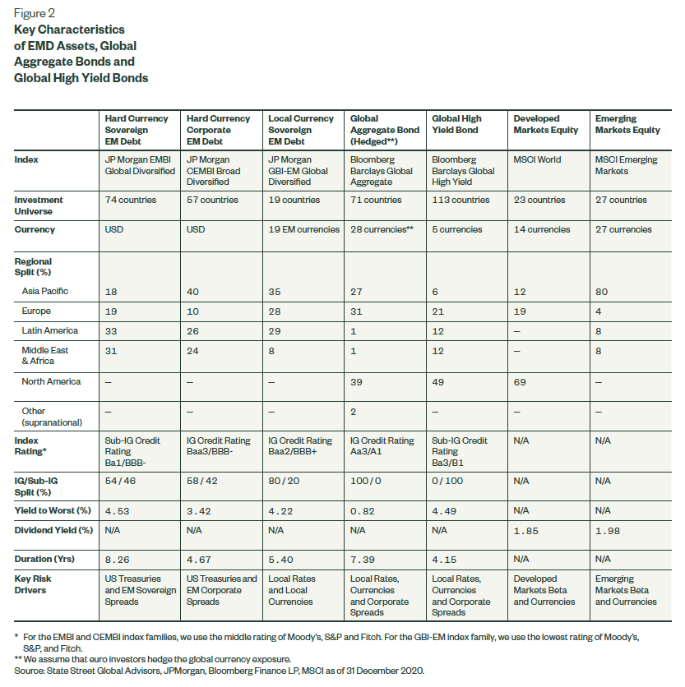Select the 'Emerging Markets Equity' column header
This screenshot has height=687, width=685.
pyautogui.click(x=627, y=124)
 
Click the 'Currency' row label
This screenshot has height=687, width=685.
pyautogui.click(x=35, y=230)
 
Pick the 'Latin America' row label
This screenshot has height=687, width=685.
pyautogui.click(x=51, y=331)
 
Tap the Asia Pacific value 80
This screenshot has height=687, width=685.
pyautogui.click(x=602, y=292)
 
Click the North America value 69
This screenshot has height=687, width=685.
pyautogui.click(x=521, y=382)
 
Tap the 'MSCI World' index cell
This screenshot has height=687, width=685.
pyautogui.click(x=539, y=159)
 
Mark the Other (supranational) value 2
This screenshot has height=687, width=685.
pyautogui.click(x=354, y=411)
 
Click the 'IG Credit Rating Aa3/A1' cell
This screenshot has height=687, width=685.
pyautogui.click(x=382, y=446)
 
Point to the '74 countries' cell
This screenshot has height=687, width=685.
pyautogui.click(x=129, y=201)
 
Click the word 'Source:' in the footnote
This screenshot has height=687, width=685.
pyautogui.click(x=30, y=671)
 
